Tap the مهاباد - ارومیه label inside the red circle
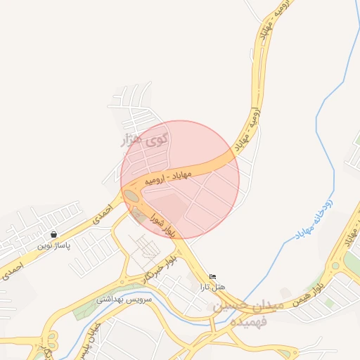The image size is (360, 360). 169,176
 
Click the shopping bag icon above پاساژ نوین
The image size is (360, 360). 53,234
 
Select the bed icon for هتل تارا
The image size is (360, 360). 213,276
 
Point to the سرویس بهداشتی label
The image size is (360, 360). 123,298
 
